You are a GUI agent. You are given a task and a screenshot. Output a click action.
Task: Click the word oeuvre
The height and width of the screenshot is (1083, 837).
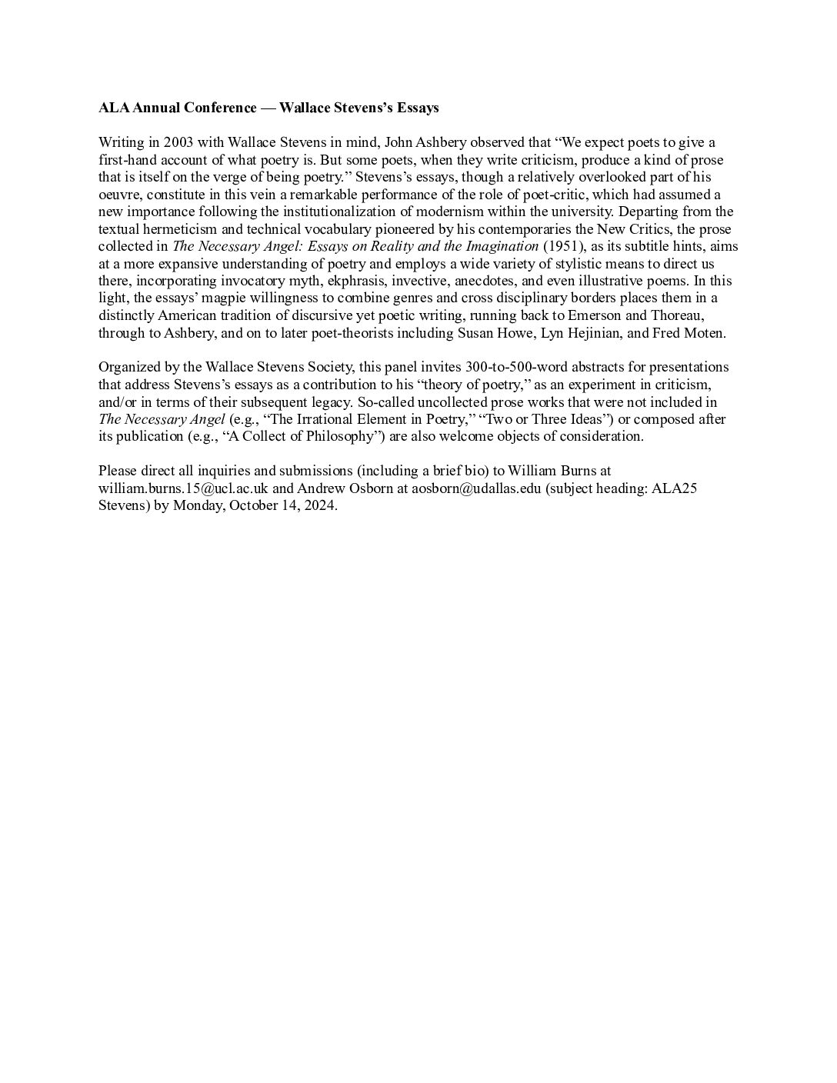tap(118, 195)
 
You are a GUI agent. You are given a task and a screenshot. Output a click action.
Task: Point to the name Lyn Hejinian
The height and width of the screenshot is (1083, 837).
tap(588, 333)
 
